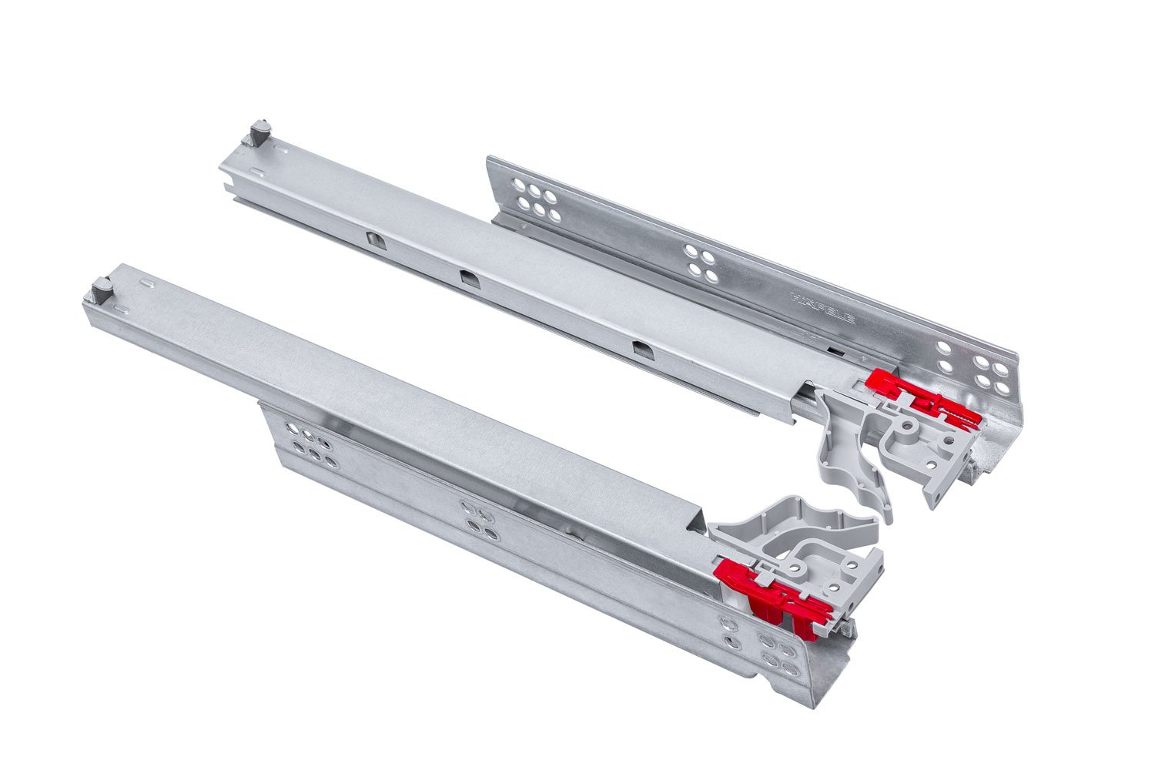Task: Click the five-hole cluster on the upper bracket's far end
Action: click(532, 197)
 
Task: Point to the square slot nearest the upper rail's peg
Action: click(373, 239)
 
